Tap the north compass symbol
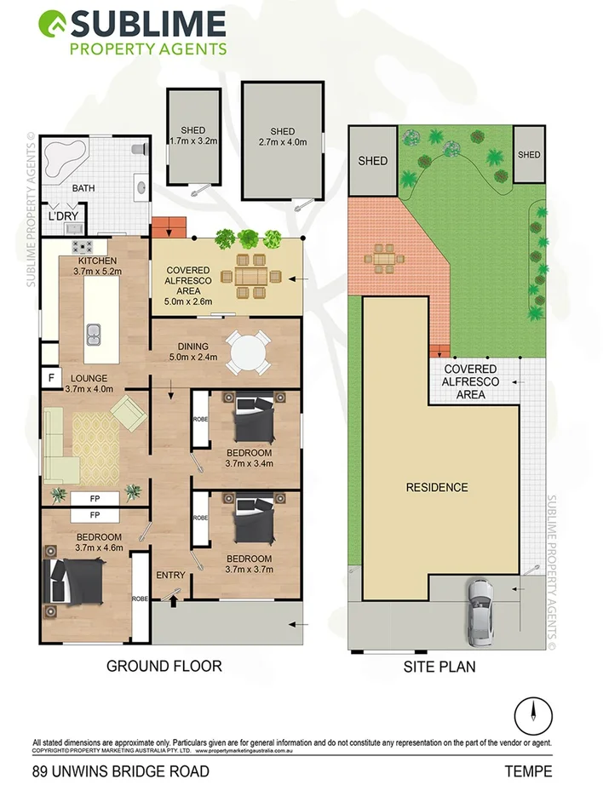[x=534, y=712]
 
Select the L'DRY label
[x=63, y=216]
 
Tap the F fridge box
[x=50, y=376]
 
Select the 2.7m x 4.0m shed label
[x=282, y=138]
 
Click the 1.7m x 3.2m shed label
[x=194, y=135]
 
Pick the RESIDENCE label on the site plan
[x=436, y=488]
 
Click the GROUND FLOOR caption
[x=164, y=666]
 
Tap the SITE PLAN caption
[x=439, y=668]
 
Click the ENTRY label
[x=170, y=576]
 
